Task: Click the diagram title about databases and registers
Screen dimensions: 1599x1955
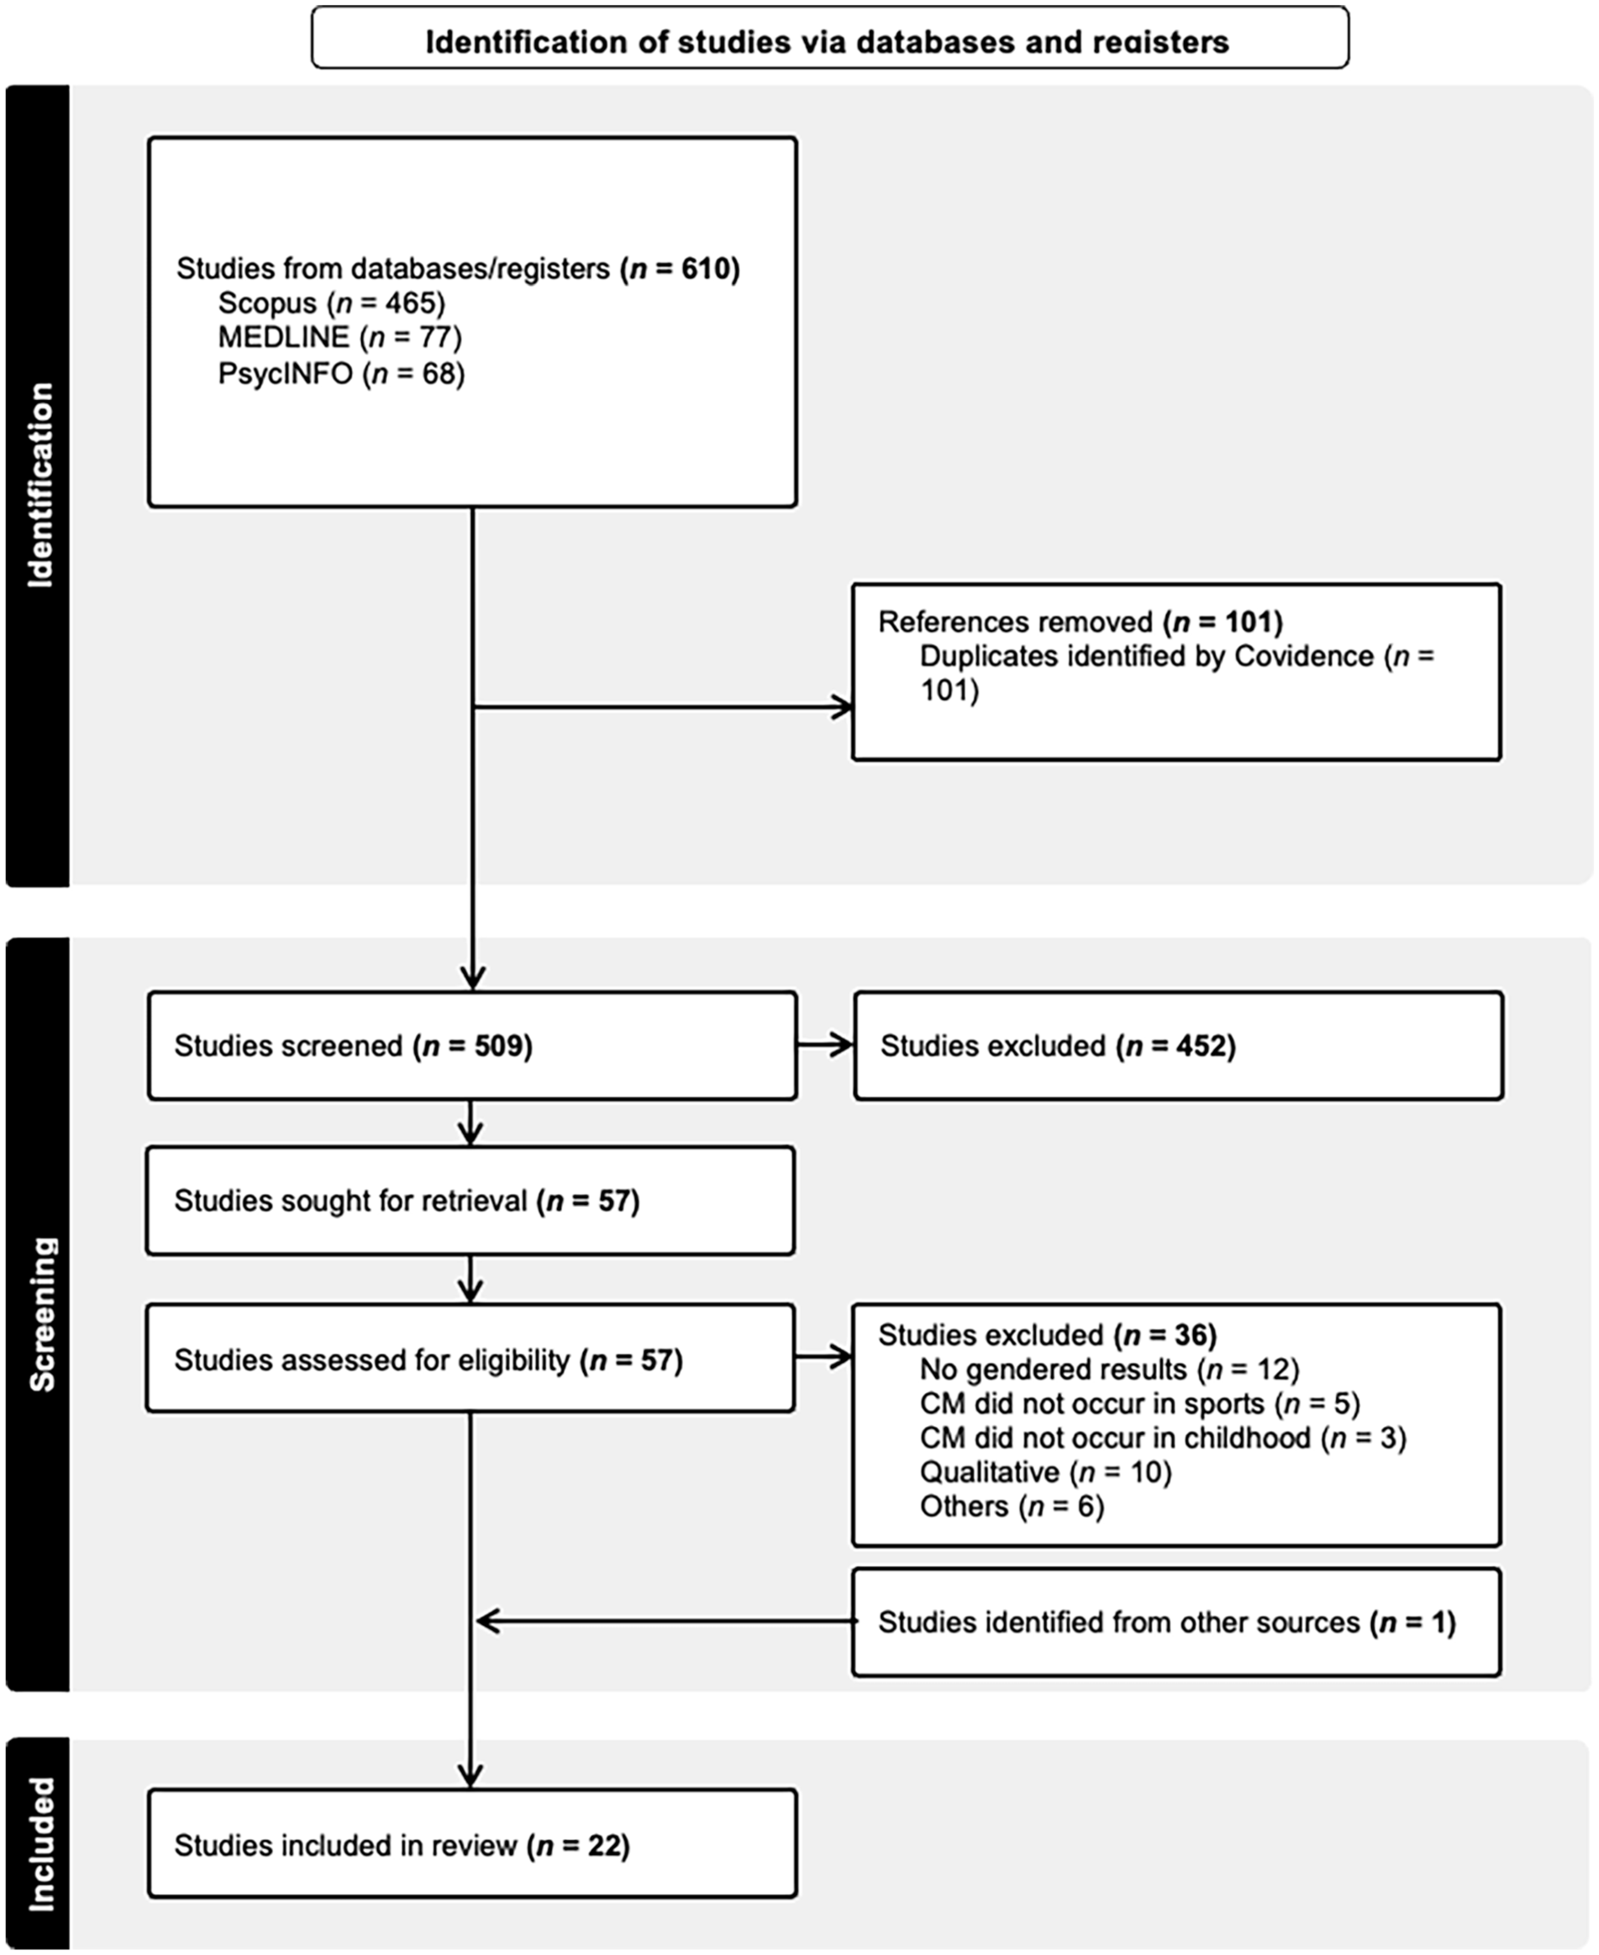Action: pyautogui.click(x=827, y=42)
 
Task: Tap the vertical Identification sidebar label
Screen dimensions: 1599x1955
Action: pyautogui.click(x=39, y=486)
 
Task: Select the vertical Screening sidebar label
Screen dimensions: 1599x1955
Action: pyautogui.click(x=41, y=1314)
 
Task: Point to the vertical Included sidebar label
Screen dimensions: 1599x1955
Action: pyautogui.click(x=40, y=1844)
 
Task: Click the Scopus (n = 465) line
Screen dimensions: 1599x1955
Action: pyautogui.click(x=332, y=303)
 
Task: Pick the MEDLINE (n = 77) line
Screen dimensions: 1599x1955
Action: pyautogui.click(x=339, y=338)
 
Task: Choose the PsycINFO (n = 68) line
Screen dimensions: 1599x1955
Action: pyautogui.click(x=342, y=373)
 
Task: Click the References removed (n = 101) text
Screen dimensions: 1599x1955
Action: pyautogui.click(x=1081, y=623)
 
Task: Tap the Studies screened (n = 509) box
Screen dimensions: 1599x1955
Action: pyautogui.click(x=472, y=1046)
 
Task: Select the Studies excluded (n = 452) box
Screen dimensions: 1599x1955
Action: pyautogui.click(x=1178, y=1046)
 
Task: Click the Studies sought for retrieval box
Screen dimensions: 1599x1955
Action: pyautogui.click(x=471, y=1201)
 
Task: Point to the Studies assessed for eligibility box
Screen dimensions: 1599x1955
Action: pyautogui.click(x=471, y=1359)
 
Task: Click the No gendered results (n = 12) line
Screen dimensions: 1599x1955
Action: pyautogui.click(x=1109, y=1369)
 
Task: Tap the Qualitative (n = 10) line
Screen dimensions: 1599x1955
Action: pyautogui.click(x=1045, y=1473)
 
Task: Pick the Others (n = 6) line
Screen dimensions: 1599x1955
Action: pyautogui.click(x=1012, y=1506)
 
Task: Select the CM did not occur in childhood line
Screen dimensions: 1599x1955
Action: pyautogui.click(x=1163, y=1437)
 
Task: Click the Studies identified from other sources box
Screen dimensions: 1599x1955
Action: pyautogui.click(x=1176, y=1622)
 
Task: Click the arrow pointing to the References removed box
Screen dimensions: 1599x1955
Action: pyautogui.click(x=663, y=707)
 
